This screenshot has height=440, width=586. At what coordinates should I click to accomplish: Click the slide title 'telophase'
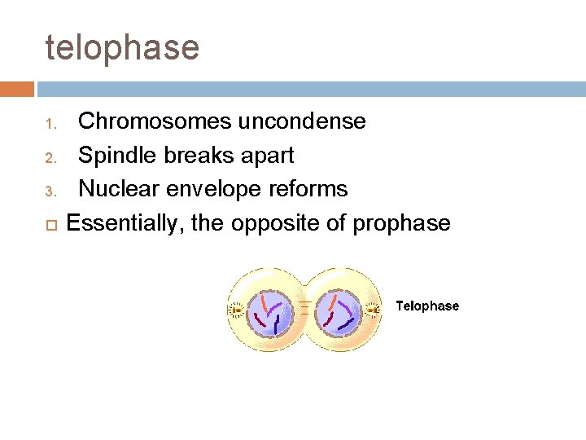[x=122, y=48]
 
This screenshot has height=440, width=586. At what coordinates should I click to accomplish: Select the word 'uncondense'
[x=301, y=121]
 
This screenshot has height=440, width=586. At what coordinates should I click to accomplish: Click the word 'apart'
[x=265, y=156]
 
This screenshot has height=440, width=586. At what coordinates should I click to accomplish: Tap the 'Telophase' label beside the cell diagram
[x=427, y=306]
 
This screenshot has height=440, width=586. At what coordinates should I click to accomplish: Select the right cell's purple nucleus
[x=338, y=310]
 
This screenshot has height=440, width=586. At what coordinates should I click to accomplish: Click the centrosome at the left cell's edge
[x=235, y=310]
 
